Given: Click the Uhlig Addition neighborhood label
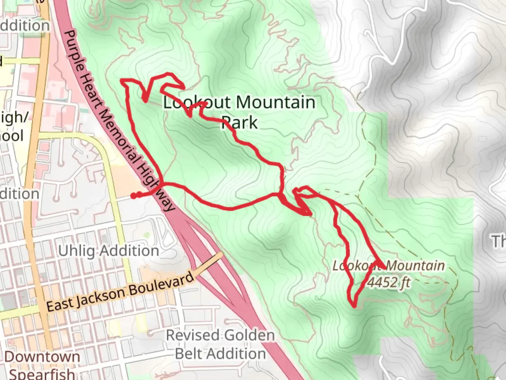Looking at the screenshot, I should (109, 251).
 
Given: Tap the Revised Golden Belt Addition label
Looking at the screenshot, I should (220, 344).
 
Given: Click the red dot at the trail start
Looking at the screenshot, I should (134, 196).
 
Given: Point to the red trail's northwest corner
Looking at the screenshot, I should (122, 81).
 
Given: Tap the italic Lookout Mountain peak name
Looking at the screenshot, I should (389, 266).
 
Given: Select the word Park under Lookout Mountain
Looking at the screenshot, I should (240, 122).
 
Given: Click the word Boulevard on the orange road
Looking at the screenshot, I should (161, 284).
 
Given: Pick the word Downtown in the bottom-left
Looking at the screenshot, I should (42, 356).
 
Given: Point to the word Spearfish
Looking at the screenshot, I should (42, 374).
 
